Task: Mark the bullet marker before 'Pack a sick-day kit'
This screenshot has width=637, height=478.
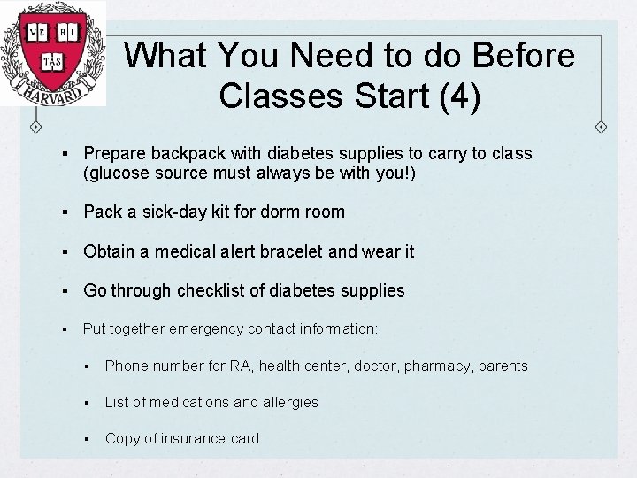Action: pyautogui.click(x=67, y=212)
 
